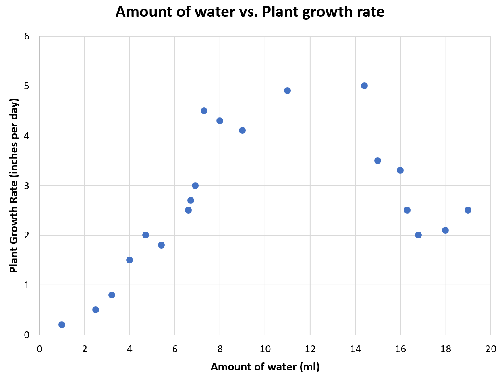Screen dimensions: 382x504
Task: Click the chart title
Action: coord(250,12)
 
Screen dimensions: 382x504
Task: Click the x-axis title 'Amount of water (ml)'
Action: coord(265,367)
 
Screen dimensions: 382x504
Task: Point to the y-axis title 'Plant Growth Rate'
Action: coord(14,185)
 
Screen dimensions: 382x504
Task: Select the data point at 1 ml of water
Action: coord(62,324)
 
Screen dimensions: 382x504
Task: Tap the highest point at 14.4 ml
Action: coord(364,86)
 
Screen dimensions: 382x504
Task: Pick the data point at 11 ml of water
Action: coord(287,90)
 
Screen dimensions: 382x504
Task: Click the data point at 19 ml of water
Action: coord(468,210)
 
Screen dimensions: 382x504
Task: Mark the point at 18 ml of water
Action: coord(445,230)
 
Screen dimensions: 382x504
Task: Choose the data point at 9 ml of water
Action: coord(242,130)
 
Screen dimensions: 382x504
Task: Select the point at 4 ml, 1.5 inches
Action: coord(129,260)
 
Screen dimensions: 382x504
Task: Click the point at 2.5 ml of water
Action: coord(95,310)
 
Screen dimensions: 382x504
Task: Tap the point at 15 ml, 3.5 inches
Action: coord(377,160)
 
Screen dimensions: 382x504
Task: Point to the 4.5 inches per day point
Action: coord(204,111)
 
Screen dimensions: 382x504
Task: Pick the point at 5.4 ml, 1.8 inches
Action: coord(161,245)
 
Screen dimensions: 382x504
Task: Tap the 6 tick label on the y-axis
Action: coord(27,36)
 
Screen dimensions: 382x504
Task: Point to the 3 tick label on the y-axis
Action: coord(27,185)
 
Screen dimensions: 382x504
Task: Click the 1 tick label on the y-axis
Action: coord(27,285)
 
